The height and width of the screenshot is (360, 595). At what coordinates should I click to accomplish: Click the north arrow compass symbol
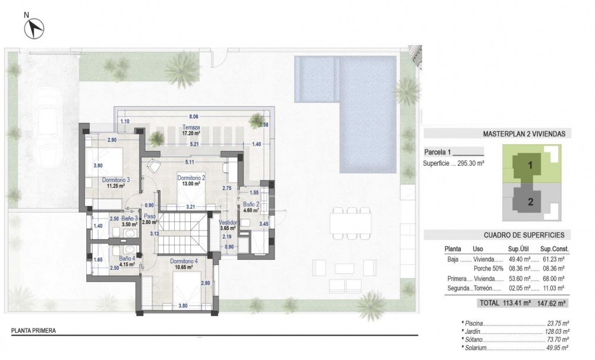coord(36,27)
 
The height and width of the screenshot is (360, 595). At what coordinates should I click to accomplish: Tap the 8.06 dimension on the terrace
coord(193,117)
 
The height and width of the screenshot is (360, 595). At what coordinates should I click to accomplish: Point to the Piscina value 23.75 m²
coord(558,324)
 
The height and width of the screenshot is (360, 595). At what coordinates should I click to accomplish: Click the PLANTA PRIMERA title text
coord(33,331)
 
